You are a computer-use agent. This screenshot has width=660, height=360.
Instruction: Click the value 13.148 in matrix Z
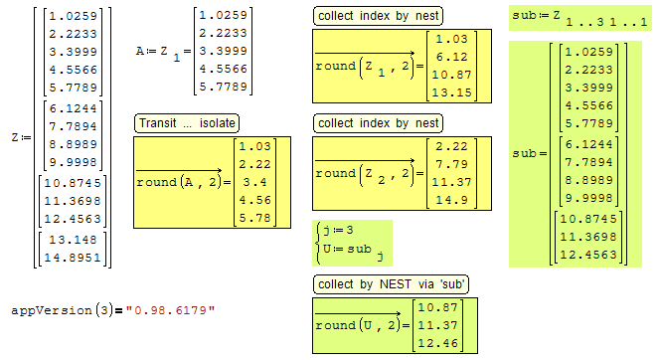[73, 240]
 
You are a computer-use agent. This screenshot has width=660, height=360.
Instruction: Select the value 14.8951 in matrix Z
[73, 258]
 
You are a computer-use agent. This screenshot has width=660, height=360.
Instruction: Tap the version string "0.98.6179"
[171, 310]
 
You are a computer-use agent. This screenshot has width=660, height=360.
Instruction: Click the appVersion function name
[52, 310]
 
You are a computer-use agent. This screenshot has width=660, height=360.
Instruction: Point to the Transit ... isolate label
[187, 123]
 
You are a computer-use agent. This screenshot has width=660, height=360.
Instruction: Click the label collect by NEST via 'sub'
[391, 284]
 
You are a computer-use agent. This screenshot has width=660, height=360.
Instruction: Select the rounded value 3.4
[254, 182]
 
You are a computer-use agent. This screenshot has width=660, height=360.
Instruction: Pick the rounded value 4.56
[254, 200]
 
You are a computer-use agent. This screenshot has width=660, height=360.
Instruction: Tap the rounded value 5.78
[254, 218]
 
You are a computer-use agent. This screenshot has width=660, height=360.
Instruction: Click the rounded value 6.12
[451, 57]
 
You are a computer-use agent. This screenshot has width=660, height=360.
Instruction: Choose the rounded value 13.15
[451, 92]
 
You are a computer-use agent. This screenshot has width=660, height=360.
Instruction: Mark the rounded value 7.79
[451, 164]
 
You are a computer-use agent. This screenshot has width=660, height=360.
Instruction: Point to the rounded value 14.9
[451, 200]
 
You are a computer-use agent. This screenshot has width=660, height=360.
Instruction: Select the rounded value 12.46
[437, 343]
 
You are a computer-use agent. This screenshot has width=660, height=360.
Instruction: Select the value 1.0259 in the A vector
[223, 15]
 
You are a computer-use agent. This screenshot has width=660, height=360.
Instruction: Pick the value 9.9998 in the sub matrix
[588, 198]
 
